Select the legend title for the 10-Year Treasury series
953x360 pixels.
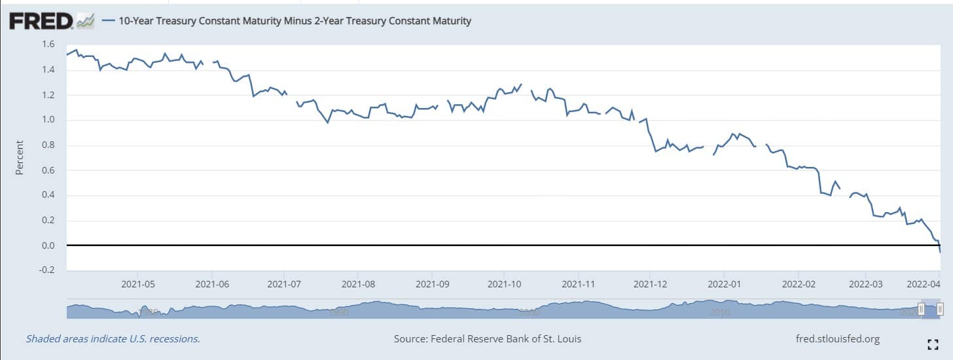point(294,21)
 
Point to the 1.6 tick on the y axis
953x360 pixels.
point(48,45)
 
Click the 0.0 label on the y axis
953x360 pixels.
point(48,245)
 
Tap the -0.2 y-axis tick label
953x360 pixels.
point(46,270)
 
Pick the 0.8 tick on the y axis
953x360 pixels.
point(48,145)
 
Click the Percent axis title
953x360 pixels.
point(20,158)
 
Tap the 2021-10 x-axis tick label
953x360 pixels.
point(503,285)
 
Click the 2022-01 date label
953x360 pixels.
point(723,285)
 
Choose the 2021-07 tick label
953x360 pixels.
point(284,285)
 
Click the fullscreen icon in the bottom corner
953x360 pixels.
point(933,342)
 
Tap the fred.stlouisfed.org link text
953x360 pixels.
point(837,339)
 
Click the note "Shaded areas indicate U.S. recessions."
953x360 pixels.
point(113,339)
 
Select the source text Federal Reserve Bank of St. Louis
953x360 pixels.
point(487,339)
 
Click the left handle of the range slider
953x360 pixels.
point(922,309)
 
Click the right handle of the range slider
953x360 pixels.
point(940,309)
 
